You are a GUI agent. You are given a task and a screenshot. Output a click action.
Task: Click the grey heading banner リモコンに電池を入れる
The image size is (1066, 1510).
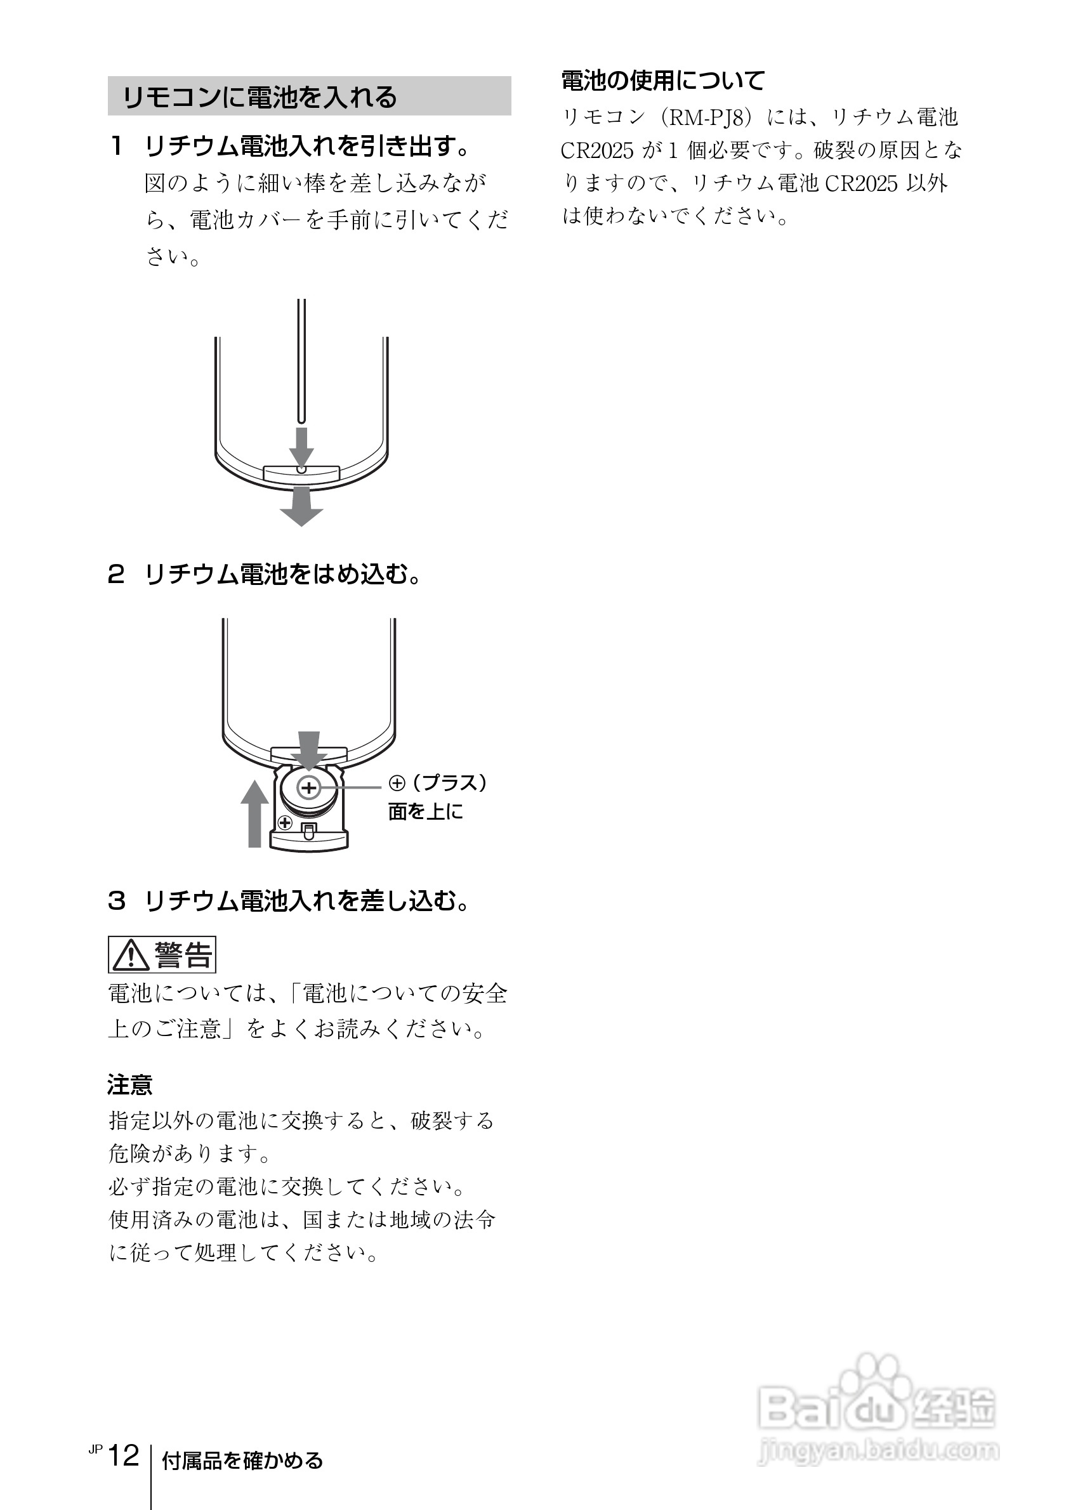pos(309,96)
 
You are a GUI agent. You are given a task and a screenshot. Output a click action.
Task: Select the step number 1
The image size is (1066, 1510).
pos(116,146)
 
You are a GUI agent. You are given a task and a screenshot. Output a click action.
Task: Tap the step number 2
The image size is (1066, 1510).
pos(115,575)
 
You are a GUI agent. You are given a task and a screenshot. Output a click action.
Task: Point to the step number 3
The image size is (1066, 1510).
pos(116,900)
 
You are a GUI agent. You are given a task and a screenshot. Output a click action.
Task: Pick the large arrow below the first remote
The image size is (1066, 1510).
pos(301,508)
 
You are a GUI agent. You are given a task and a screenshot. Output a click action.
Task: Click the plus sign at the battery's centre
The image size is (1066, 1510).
pos(309,787)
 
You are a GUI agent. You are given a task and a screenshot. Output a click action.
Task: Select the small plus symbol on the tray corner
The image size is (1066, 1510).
pos(285,822)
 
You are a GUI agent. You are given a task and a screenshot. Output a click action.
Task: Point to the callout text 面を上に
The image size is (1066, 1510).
pos(426,812)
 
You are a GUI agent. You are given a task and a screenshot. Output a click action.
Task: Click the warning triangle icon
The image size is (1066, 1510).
pos(130,955)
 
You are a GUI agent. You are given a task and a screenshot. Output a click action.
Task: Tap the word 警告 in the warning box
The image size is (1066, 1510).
pos(183,955)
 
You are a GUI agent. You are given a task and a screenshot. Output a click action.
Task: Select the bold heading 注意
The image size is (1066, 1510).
pos(129,1084)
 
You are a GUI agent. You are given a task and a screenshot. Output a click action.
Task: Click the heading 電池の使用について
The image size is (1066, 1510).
pos(663,81)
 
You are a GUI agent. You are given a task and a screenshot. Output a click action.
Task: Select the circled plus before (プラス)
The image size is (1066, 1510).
pos(397,783)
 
